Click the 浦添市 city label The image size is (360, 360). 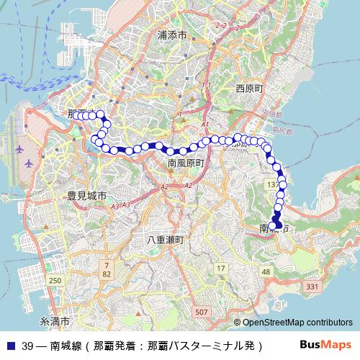click(172, 35)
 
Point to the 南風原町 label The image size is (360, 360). click(186, 164)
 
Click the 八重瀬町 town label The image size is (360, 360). click(166, 240)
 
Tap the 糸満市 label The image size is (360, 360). click(55, 320)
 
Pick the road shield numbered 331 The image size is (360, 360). click(312, 287)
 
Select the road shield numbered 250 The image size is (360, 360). click(55, 279)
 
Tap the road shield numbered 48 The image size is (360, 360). click(266, 271)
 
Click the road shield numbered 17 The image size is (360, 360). click(220, 269)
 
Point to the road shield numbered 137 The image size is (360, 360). click(273, 185)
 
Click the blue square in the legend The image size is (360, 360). click(9, 346)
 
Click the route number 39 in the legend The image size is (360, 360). click(28, 346)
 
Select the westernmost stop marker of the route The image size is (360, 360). click(75, 115)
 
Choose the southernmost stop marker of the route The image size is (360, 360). click(278, 226)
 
